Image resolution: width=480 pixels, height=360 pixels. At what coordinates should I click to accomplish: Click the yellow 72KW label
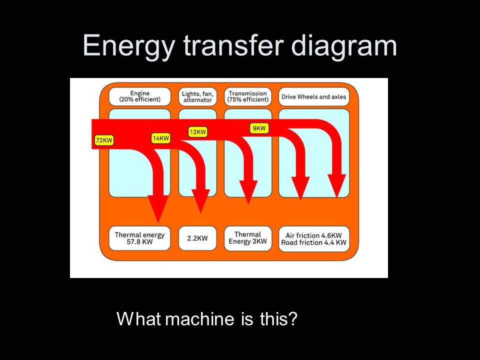click(x=104, y=140)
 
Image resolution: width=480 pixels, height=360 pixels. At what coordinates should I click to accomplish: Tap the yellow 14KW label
click(x=160, y=138)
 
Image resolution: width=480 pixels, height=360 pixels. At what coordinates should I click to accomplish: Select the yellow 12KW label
click(x=197, y=132)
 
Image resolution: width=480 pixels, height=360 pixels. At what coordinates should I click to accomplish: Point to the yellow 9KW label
click(x=259, y=128)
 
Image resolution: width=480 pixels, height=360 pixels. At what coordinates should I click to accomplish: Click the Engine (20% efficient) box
click(x=139, y=96)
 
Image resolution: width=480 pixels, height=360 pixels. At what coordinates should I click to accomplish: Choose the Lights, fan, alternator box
click(x=197, y=96)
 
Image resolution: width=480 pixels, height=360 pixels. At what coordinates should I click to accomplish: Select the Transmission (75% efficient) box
click(x=248, y=96)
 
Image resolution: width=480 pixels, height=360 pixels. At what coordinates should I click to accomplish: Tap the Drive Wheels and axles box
click(x=313, y=96)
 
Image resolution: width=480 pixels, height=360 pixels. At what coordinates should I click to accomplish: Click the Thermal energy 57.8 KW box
click(x=139, y=238)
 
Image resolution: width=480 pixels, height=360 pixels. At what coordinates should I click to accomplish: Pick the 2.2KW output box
click(x=197, y=238)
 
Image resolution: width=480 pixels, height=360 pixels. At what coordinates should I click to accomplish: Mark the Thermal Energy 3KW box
click(x=248, y=238)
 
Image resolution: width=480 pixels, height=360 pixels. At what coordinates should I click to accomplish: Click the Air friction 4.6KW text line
click(x=313, y=235)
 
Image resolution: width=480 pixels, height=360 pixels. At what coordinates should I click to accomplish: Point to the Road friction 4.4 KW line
click(x=313, y=243)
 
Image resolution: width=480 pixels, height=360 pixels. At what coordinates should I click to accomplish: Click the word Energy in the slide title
click(x=129, y=46)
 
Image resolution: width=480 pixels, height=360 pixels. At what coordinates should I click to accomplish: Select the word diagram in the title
click(x=343, y=46)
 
